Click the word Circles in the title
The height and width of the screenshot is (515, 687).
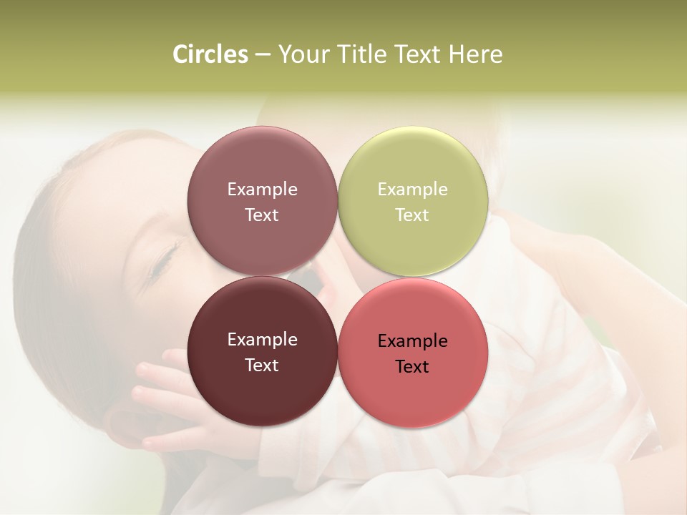[210, 54]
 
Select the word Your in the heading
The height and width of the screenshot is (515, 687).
[303, 54]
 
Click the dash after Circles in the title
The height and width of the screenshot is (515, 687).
[263, 55]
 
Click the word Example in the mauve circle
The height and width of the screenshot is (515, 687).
[262, 190]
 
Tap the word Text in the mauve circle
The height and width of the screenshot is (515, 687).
[262, 215]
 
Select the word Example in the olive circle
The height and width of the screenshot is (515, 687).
[412, 190]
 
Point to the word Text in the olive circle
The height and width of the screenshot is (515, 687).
[412, 215]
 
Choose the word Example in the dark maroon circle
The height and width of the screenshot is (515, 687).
[262, 340]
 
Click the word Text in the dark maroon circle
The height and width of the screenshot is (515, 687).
[262, 366]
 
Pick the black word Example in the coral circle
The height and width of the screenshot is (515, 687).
[412, 341]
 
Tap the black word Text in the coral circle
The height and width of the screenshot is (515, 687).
[412, 367]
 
